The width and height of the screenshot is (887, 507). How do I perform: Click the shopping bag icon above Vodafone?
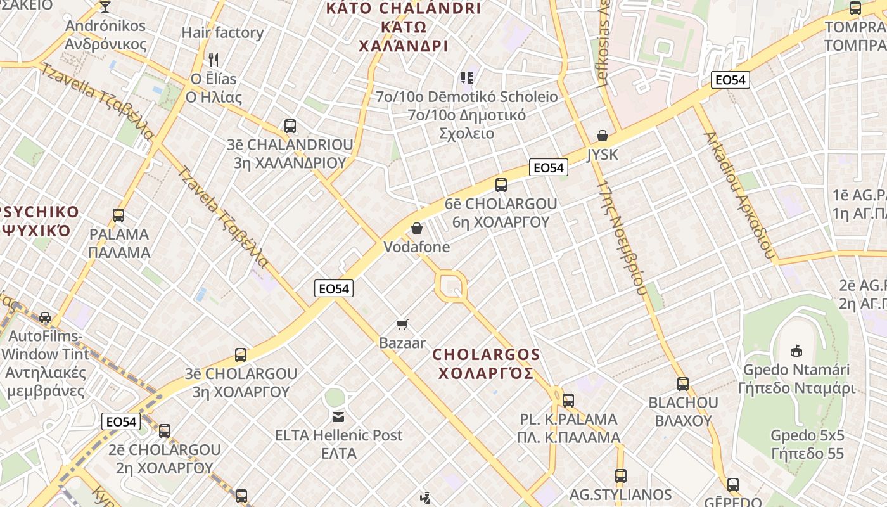point(417,228)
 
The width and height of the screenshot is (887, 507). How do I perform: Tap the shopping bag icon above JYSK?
point(603,136)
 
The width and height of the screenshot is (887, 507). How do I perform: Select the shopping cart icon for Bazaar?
point(402,325)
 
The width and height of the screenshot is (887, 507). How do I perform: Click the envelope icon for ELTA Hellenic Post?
point(338,416)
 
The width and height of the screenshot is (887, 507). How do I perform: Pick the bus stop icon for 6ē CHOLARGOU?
point(501,185)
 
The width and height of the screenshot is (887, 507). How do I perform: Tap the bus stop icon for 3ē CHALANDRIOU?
point(290,126)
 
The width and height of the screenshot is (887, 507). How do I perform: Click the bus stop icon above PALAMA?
point(118,215)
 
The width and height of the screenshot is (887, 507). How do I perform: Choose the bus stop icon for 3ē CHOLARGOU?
point(241,355)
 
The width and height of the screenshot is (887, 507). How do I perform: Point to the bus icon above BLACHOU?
point(682,384)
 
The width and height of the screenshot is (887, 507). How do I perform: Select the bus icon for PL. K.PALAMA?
point(568,401)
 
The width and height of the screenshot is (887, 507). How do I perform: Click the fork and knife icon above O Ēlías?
point(214,60)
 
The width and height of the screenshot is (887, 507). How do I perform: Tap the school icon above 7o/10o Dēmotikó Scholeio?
point(467,78)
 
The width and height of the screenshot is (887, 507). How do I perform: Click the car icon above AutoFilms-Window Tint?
point(45,317)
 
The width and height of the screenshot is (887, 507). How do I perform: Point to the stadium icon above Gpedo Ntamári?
point(796,350)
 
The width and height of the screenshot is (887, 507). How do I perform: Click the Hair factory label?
point(222,32)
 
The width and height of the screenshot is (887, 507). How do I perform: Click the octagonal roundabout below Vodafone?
point(451,286)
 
